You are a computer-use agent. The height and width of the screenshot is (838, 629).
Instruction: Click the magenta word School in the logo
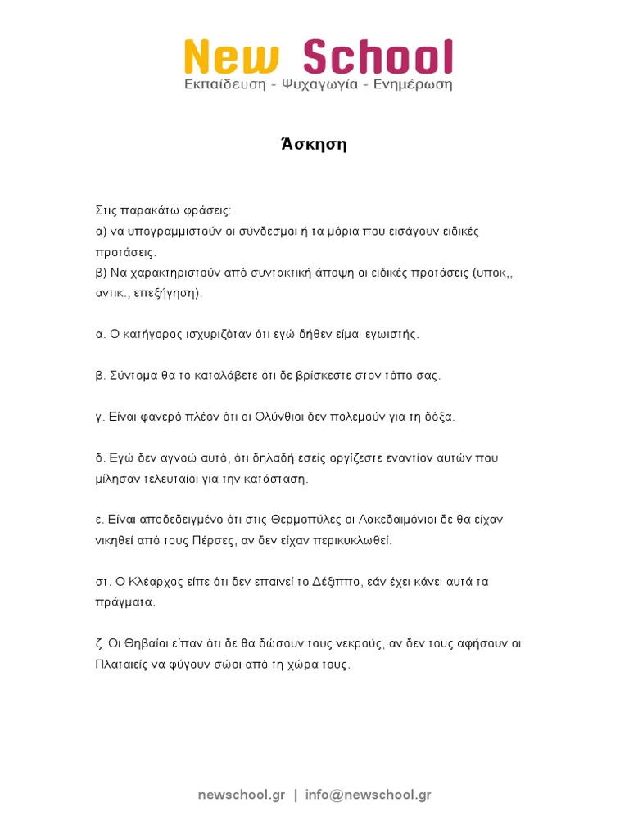click(x=378, y=58)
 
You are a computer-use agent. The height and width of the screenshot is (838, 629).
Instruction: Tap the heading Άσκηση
click(x=314, y=145)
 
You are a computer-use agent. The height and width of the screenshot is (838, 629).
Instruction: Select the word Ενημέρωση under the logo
click(x=413, y=84)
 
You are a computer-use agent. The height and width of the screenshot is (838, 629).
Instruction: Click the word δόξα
click(x=437, y=417)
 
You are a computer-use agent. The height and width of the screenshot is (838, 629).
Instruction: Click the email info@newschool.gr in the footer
click(x=368, y=795)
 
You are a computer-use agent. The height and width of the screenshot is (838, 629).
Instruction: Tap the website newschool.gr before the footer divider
click(x=242, y=795)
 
